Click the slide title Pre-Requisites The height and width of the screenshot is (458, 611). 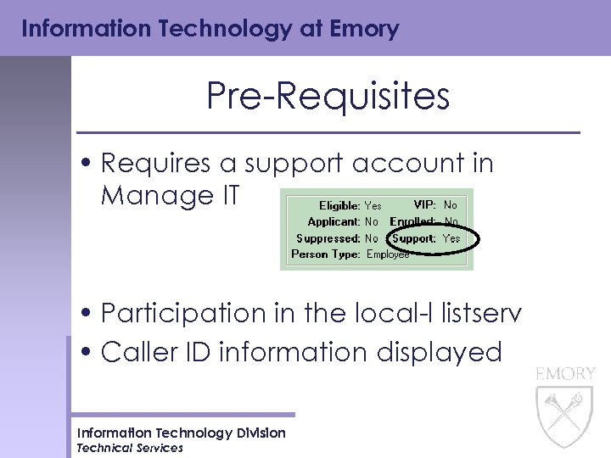(328, 97)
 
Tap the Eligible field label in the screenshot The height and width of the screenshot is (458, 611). (339, 205)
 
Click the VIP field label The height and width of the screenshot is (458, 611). (424, 205)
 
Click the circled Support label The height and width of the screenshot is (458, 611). (414, 238)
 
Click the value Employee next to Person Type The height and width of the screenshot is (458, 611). (388, 254)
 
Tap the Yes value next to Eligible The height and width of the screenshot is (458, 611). (373, 205)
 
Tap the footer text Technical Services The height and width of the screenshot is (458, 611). (130, 448)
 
